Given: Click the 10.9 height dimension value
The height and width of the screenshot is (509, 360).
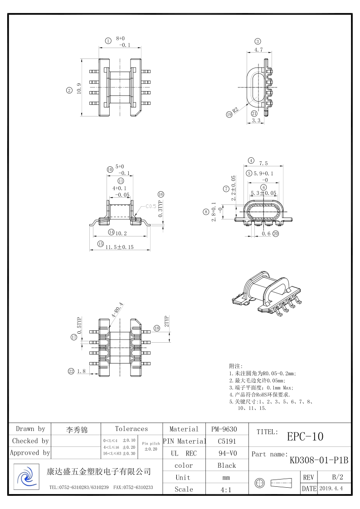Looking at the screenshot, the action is pos(79,88).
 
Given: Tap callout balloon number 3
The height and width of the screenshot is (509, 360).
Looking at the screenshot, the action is pos(258,42).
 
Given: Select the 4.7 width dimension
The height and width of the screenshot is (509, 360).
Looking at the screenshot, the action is pos(258,50).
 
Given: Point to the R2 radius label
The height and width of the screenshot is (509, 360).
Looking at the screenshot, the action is pos(236,109).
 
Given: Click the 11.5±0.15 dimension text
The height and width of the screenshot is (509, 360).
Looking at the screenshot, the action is pos(119,247).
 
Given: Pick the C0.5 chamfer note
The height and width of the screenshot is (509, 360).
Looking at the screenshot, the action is pos(151,206).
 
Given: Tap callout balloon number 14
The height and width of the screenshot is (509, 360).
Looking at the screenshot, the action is pos(112,232).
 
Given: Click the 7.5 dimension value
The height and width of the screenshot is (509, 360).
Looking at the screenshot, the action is pos(263,163).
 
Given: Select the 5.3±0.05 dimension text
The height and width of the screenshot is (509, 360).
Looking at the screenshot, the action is pos(263,193).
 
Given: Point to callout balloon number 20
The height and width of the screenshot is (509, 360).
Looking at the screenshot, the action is pos(276,233).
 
